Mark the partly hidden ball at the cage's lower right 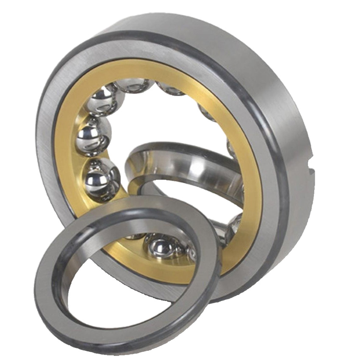click(x=234, y=225)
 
